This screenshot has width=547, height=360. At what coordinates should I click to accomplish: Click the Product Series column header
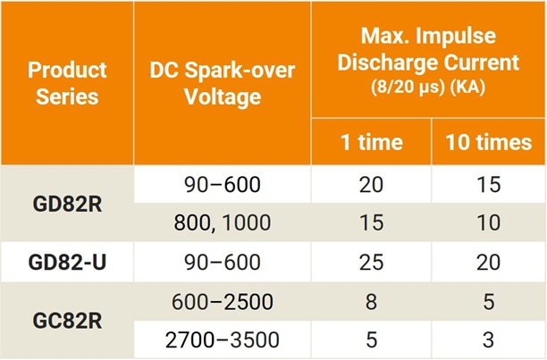pos(67,82)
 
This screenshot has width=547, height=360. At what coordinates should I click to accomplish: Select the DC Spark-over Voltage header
pos(222,82)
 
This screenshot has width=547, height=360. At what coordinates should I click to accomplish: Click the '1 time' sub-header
pos(370,142)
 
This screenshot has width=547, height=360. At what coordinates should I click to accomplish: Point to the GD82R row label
pos(67,204)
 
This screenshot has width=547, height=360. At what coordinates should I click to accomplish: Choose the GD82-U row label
pos(67,263)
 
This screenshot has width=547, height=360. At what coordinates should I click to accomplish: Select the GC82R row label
pos(67,322)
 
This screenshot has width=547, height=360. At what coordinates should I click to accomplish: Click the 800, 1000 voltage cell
pos(222,223)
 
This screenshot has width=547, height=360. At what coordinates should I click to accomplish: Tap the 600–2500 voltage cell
pos(222,302)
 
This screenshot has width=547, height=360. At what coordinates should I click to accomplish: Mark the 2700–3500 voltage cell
pos(222,340)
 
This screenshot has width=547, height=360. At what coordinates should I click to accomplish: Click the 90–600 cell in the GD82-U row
pos(222,263)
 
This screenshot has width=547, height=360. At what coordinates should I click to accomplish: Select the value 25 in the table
pos(370,263)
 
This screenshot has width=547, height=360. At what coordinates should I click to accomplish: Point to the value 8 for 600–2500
pos(370,302)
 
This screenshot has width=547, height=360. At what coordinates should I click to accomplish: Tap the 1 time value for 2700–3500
pos(370,340)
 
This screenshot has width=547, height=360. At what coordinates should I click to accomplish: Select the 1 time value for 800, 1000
pos(370,223)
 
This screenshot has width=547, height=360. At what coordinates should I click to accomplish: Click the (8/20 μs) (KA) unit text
pos(427,89)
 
